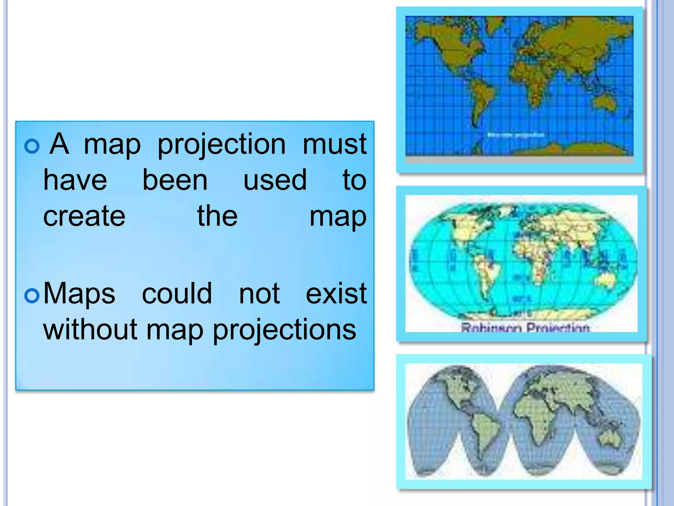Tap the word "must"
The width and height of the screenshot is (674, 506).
(334, 144)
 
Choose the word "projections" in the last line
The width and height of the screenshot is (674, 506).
(284, 330)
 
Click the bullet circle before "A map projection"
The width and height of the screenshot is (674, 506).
(32, 146)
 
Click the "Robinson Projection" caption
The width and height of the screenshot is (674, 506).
(525, 328)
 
